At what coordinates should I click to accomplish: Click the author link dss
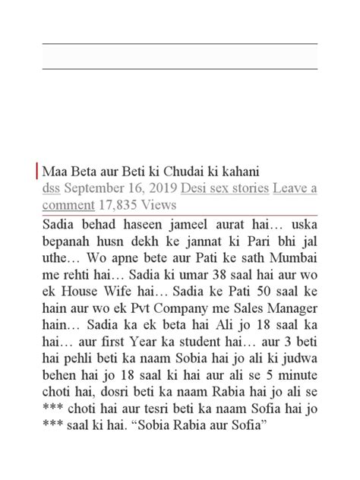pos(52,187)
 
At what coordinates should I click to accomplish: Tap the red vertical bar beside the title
pos(38,171)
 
